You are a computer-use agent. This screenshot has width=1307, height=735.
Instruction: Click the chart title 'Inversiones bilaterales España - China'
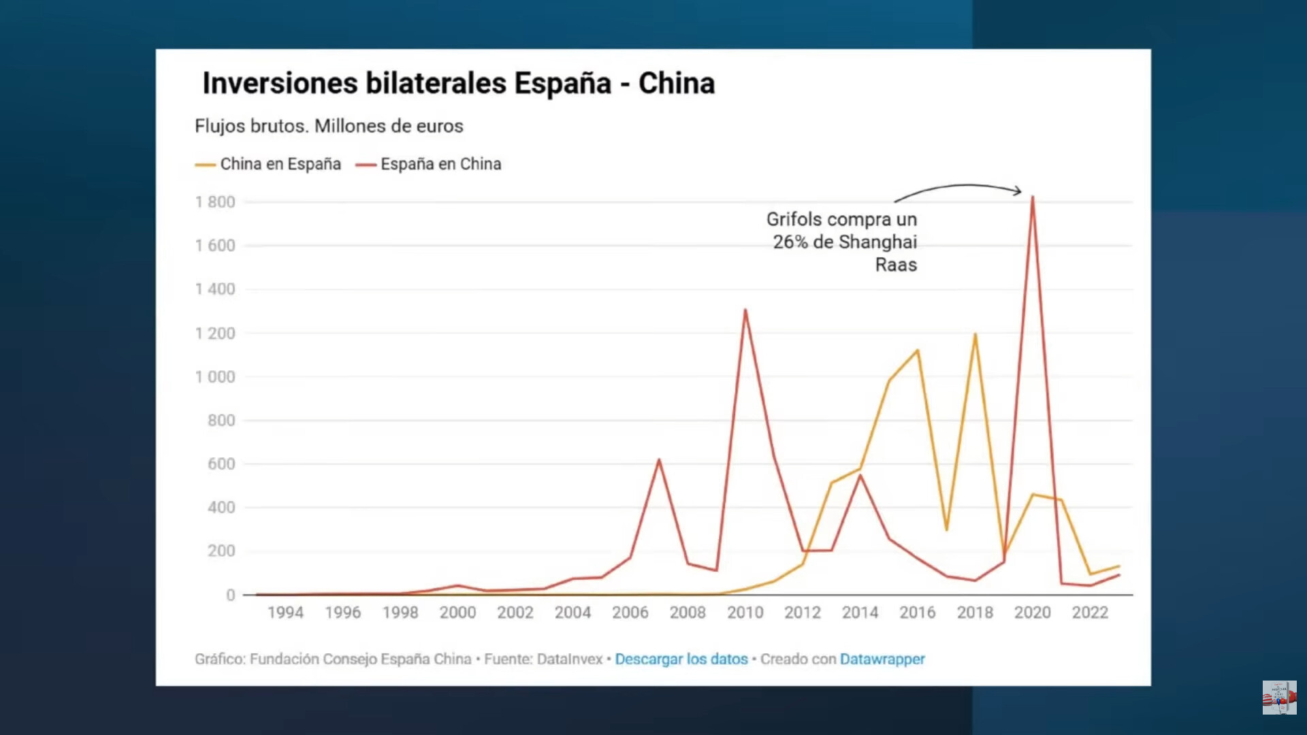click(x=458, y=84)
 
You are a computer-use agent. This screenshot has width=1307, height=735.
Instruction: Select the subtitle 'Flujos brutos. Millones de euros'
click(x=329, y=126)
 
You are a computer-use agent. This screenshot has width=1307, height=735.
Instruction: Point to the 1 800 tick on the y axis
click(x=215, y=202)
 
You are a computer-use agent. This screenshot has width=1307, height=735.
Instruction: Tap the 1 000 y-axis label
click(x=215, y=377)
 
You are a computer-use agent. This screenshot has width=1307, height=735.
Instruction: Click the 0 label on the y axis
click(x=231, y=595)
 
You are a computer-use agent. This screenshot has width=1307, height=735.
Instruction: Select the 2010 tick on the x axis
click(x=745, y=612)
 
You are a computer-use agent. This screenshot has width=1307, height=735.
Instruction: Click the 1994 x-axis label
click(x=285, y=612)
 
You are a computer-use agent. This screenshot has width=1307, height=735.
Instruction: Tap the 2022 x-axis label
click(x=1090, y=612)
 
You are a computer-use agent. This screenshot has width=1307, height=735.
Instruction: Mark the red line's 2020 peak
click(x=1033, y=197)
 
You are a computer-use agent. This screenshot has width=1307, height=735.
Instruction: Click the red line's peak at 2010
click(x=745, y=310)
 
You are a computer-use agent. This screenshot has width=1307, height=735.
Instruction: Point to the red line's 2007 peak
click(x=659, y=460)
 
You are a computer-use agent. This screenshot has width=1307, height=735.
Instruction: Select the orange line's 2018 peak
click(x=975, y=334)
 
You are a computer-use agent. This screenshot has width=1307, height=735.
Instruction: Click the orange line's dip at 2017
click(x=946, y=529)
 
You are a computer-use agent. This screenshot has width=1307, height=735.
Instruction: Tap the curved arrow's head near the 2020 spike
click(x=1019, y=191)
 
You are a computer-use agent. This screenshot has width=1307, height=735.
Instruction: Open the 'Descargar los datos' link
click(x=681, y=659)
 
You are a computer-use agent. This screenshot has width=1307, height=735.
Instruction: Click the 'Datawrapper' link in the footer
click(x=882, y=659)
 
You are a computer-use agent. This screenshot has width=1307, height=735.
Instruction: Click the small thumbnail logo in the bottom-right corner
click(x=1279, y=698)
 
